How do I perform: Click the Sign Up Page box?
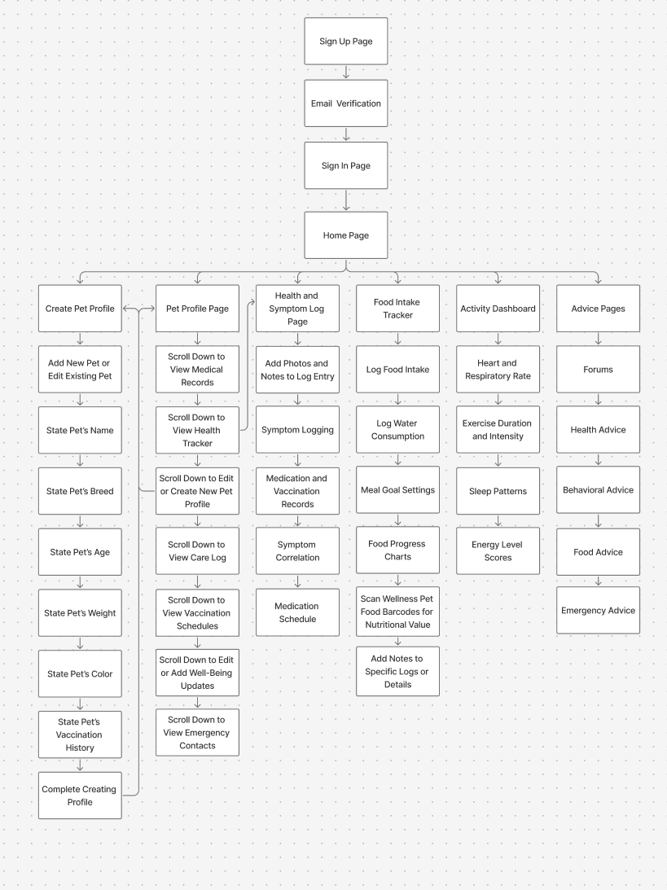click(x=346, y=42)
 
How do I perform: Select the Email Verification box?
click(x=346, y=103)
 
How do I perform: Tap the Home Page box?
click(x=346, y=235)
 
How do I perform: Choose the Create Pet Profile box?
click(x=80, y=309)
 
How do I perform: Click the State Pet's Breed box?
click(x=80, y=491)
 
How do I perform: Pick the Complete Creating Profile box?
click(x=80, y=796)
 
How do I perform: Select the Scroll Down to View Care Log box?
click(x=197, y=551)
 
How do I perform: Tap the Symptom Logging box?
click(x=297, y=429)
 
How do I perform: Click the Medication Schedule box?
click(x=297, y=612)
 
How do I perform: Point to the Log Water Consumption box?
click(x=397, y=430)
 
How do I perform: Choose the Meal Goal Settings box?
click(x=397, y=490)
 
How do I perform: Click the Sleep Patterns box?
click(x=498, y=491)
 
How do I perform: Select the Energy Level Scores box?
click(x=498, y=551)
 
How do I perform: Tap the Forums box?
click(x=598, y=369)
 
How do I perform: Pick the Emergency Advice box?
click(x=598, y=611)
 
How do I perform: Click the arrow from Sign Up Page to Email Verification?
click(x=346, y=72)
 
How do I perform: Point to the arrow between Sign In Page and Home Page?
click(x=346, y=200)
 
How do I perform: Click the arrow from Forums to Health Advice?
click(x=598, y=399)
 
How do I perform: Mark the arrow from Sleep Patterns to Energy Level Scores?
click(x=498, y=521)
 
